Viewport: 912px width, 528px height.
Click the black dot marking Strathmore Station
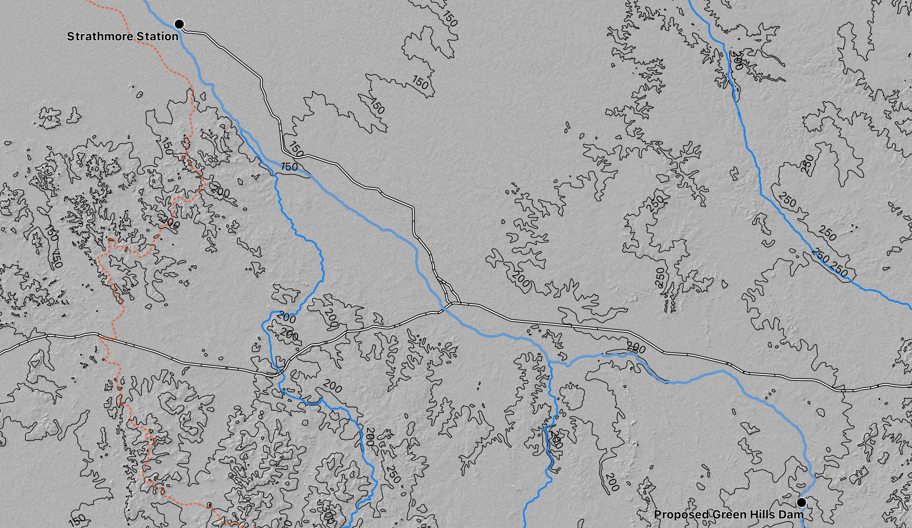179,24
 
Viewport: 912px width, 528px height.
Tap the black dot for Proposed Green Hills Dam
802,502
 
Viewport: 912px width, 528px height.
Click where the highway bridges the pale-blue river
443,308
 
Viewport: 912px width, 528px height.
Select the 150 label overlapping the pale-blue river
289,167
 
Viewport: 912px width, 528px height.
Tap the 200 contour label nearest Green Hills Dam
612,482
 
